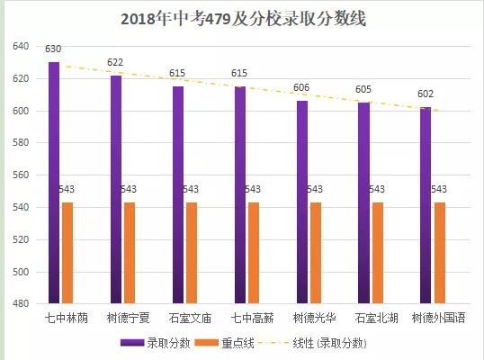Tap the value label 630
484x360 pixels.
point(54,49)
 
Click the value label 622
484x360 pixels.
point(115,62)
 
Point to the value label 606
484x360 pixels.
point(302,88)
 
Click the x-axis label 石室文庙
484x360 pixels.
point(190,319)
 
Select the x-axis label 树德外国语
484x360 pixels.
point(438,319)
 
